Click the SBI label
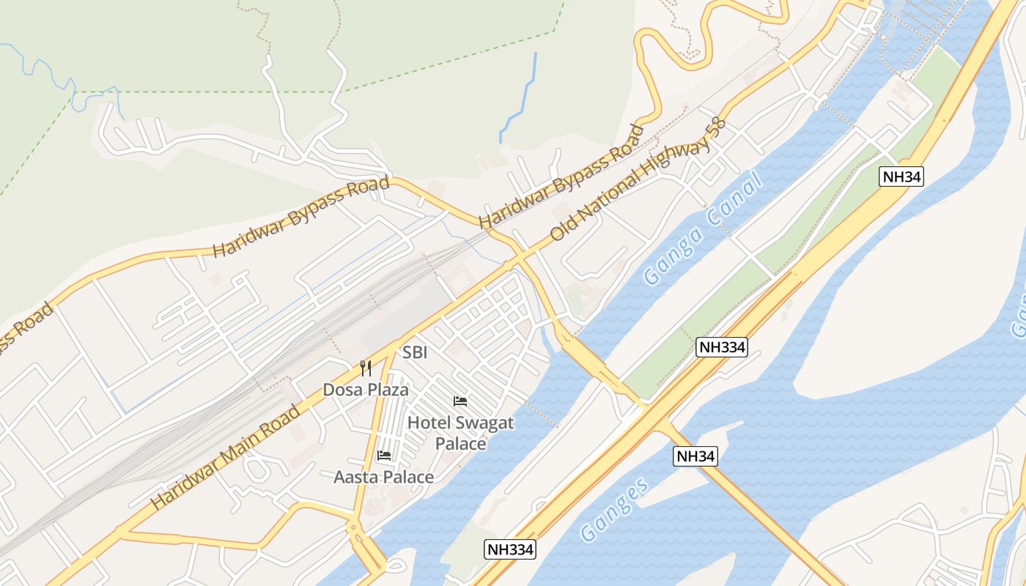coord(415,352)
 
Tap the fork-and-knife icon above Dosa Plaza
coord(366,368)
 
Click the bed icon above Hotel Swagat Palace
coord(460,401)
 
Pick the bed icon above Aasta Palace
coord(383,456)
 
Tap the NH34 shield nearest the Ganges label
coord(695,456)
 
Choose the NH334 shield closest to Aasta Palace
coord(510,549)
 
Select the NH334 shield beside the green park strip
coord(722,347)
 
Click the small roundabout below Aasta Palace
coord(354,527)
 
